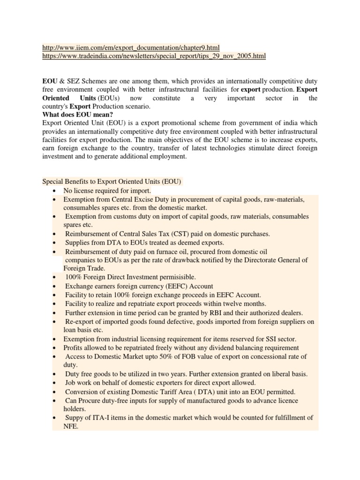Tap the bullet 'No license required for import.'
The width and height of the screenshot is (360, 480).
107,191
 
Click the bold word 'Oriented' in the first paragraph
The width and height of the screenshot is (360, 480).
56,98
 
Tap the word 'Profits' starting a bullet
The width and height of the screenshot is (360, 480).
75,348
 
